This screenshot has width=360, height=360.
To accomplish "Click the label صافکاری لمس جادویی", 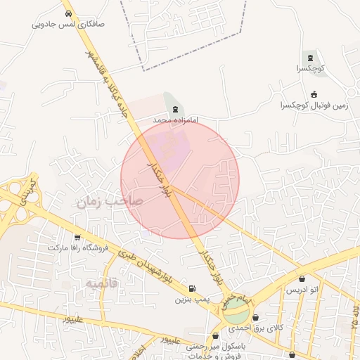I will click(68, 23).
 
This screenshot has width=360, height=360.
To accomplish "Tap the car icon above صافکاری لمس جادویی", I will click(68, 13).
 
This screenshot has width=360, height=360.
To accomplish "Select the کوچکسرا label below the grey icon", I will click(308, 69).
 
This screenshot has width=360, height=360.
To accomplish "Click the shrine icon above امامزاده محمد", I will click(175, 109).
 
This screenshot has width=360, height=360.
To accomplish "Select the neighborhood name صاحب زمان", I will click(110, 202).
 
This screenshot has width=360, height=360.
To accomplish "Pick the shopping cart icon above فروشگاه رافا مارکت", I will click(77, 238).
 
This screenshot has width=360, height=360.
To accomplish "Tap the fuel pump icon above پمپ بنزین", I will click(192, 289).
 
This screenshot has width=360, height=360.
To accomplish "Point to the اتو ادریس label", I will click(302, 290).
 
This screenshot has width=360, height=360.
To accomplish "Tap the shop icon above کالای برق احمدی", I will click(255, 318).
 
